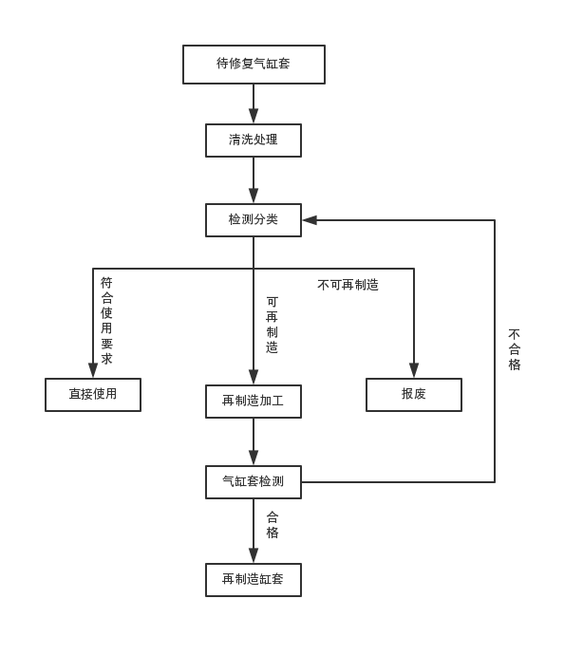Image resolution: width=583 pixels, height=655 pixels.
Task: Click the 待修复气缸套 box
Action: (254, 65)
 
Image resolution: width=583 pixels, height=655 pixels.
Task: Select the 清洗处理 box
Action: (254, 140)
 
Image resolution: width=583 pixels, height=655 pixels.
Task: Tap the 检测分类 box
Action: (254, 220)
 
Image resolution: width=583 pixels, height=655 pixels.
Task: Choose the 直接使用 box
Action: (93, 395)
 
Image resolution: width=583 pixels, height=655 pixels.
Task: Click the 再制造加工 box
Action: (254, 402)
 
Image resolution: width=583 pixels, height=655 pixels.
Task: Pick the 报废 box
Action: (414, 395)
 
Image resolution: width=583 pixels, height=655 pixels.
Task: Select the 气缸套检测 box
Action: (254, 482)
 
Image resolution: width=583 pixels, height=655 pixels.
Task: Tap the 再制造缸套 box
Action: (254, 580)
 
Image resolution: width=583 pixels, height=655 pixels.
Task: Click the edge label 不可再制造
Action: (348, 285)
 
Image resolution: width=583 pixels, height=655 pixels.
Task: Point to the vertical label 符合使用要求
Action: (106, 321)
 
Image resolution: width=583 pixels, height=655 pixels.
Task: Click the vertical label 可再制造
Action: (272, 325)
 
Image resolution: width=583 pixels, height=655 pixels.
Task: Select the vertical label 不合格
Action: (515, 349)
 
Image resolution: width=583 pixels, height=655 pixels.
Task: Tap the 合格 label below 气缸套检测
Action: (273, 525)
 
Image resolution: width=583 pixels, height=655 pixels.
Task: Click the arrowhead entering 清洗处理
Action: (254, 117)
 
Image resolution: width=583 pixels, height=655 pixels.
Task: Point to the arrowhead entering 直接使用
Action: (93, 371)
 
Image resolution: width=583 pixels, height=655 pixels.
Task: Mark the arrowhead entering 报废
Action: (414, 371)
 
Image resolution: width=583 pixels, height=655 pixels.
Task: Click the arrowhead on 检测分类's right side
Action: (310, 220)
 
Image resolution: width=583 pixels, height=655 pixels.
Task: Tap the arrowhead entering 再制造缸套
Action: (254, 556)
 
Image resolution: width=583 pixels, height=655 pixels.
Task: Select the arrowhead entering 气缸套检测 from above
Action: (254, 458)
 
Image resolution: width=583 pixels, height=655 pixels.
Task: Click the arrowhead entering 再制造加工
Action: (254, 378)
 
